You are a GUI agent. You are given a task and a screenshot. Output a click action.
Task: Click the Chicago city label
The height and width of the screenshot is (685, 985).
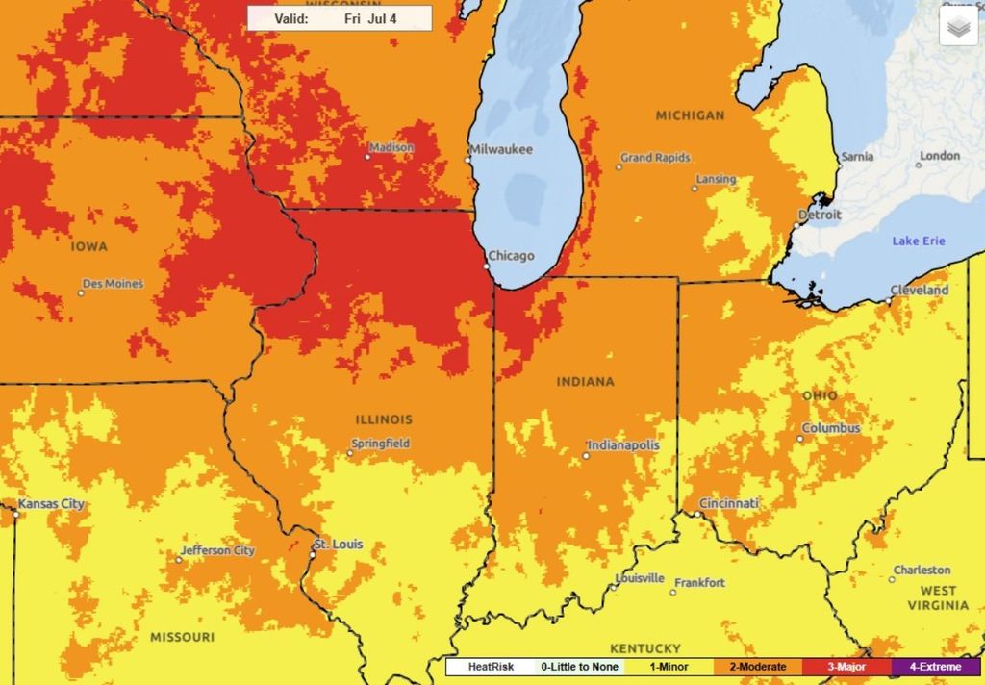[x=510, y=256]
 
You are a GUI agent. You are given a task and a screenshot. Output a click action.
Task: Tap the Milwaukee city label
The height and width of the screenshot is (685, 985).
[x=501, y=149]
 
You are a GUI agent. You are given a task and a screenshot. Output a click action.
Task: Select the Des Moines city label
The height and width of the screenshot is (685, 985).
[x=113, y=284]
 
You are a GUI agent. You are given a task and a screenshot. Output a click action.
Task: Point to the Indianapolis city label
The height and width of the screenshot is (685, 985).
[x=624, y=445]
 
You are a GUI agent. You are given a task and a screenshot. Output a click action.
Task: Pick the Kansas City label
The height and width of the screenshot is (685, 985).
[x=52, y=504]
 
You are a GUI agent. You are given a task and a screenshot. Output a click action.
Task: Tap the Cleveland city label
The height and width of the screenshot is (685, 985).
[x=920, y=290]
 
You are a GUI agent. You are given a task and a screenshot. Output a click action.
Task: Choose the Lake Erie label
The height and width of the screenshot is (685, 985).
[x=919, y=241]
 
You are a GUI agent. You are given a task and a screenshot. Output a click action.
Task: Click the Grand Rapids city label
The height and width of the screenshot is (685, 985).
[x=656, y=158]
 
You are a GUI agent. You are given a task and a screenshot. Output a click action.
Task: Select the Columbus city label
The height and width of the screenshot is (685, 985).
[x=831, y=428]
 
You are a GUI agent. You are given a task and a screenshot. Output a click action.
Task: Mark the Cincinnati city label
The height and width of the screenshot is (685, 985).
[x=728, y=503]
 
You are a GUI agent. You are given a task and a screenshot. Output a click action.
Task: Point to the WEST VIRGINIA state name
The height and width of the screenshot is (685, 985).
[x=938, y=597]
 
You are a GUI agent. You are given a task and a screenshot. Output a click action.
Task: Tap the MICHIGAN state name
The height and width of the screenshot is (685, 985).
[x=690, y=115]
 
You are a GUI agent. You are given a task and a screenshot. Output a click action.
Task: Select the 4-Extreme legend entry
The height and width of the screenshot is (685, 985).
[x=928, y=667]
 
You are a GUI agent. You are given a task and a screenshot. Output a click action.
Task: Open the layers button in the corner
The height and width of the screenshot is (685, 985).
[x=957, y=28]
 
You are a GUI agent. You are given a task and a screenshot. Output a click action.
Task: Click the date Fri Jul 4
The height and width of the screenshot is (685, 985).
[x=369, y=19]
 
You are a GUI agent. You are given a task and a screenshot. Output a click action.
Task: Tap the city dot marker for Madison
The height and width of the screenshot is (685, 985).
[x=367, y=156]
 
